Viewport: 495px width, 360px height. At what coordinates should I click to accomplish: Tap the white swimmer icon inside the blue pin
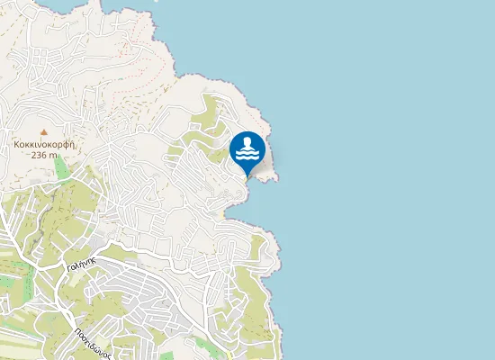247,149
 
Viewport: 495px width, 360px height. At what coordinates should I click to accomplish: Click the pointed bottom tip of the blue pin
247,175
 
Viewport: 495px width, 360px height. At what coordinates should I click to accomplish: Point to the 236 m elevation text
43,155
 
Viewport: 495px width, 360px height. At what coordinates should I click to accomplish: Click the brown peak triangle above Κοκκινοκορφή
42,130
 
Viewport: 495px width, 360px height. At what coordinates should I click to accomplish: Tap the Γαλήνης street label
81,262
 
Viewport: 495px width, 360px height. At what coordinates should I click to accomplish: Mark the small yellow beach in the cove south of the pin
225,215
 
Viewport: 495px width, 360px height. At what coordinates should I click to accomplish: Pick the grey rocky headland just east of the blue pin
268,166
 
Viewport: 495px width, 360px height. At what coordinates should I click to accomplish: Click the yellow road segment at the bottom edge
230,355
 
